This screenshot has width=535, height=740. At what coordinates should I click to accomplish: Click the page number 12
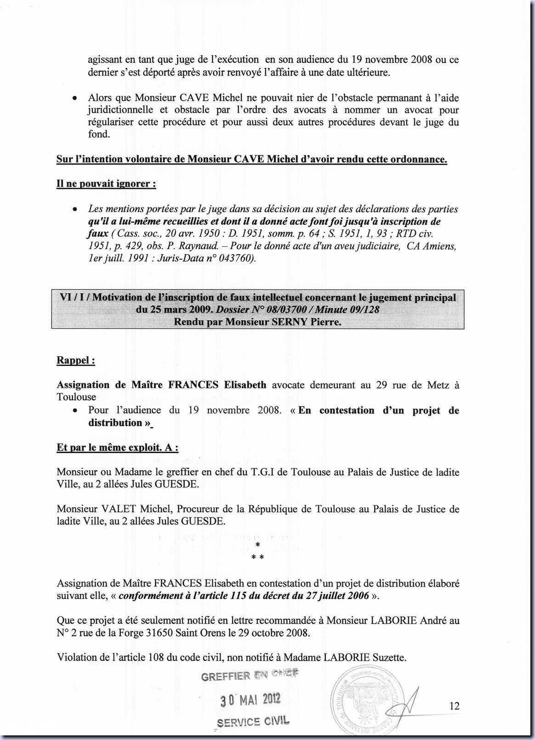tap(454, 706)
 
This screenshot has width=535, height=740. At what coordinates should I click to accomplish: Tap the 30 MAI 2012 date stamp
tap(250, 700)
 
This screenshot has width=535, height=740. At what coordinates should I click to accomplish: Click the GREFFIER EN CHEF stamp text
tap(250, 675)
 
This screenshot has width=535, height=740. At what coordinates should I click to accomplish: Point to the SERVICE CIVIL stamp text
tap(253, 722)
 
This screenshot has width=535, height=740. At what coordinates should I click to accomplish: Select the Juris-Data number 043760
tap(233, 258)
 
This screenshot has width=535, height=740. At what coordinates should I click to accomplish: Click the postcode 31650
tap(159, 632)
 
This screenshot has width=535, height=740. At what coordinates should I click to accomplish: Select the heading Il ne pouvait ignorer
tap(106, 184)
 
